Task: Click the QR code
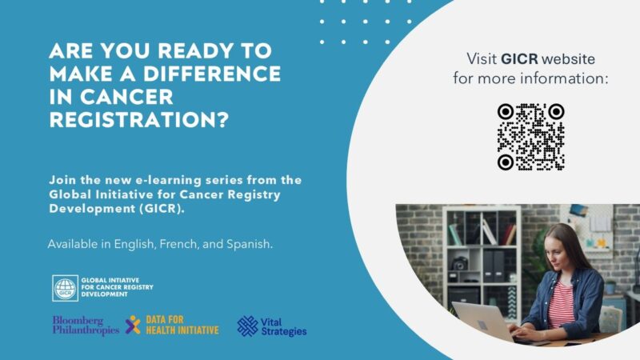[x=530, y=137]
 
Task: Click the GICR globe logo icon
[x=65, y=288]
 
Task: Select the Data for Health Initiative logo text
[x=182, y=325]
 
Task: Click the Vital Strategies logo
[x=272, y=326]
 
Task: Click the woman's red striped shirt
[x=559, y=304]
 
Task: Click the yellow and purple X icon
[x=132, y=325]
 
